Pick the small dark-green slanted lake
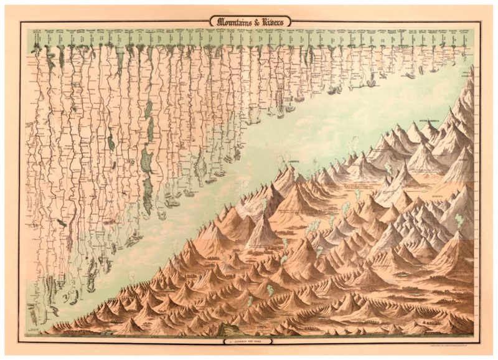[x=61, y=222]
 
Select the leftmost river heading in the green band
[x=37, y=31]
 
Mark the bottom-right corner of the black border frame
[x=481, y=337]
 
